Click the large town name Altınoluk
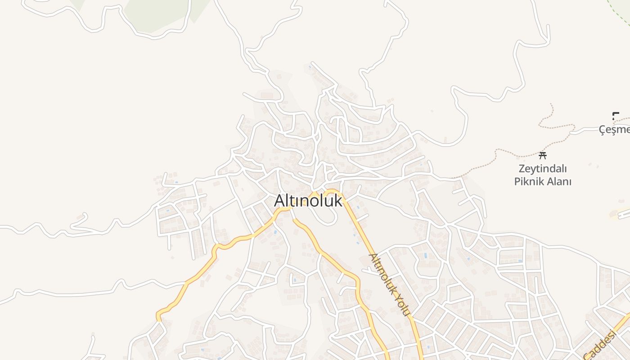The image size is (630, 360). [308, 201]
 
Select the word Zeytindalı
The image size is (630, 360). [543, 169]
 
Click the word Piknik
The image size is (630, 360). [528, 182]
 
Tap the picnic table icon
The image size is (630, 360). [543, 156]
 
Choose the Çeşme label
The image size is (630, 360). [615, 130]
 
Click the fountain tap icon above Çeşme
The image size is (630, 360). [616, 115]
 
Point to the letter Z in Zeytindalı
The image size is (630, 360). [522, 169]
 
